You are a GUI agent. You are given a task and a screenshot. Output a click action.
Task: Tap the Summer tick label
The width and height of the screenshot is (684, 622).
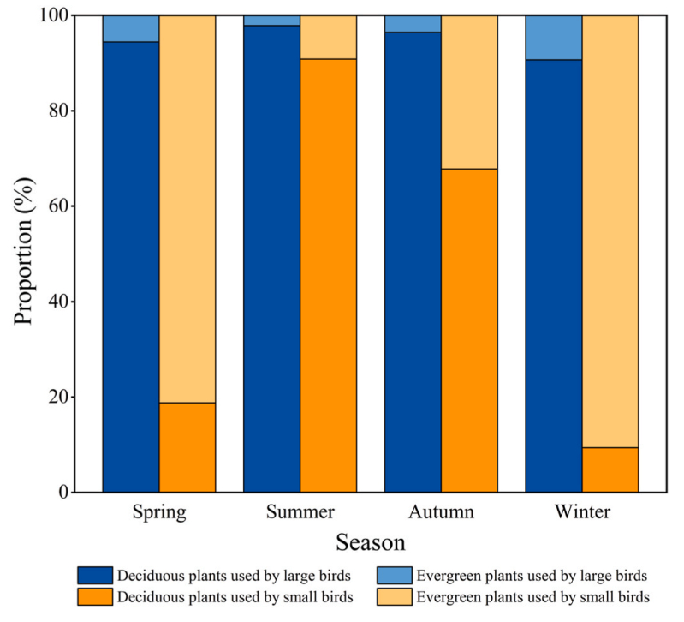[300, 513]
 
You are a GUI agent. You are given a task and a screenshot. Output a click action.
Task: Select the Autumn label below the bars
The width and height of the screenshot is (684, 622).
[441, 513]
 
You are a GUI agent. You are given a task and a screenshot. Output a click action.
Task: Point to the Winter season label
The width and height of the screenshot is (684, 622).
[581, 513]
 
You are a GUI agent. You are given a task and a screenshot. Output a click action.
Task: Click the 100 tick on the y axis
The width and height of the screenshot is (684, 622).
[55, 16]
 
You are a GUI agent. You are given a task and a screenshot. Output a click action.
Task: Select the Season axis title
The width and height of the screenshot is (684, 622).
[370, 543]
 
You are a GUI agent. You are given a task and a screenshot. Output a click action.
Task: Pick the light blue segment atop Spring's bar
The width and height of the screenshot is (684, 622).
[130, 28]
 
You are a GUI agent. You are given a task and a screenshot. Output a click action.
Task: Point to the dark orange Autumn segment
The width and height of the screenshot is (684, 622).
[468, 330]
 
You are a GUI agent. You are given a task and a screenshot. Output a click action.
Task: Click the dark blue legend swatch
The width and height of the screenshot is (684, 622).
[93, 575]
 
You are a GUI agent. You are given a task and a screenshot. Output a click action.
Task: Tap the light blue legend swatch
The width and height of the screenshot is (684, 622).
[394, 575]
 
